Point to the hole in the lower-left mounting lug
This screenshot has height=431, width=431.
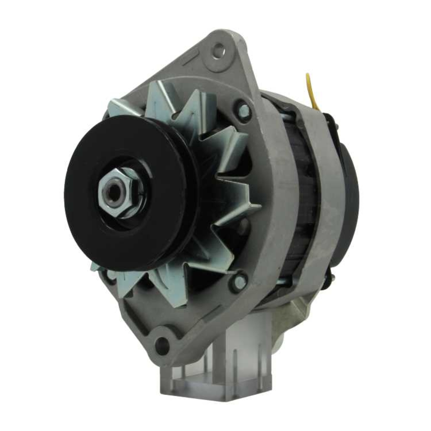(x=162, y=345)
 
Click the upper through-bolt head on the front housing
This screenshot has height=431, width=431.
(x=244, y=110)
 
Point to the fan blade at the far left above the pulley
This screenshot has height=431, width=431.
(x=119, y=108)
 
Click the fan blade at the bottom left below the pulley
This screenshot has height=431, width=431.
(x=103, y=272)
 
